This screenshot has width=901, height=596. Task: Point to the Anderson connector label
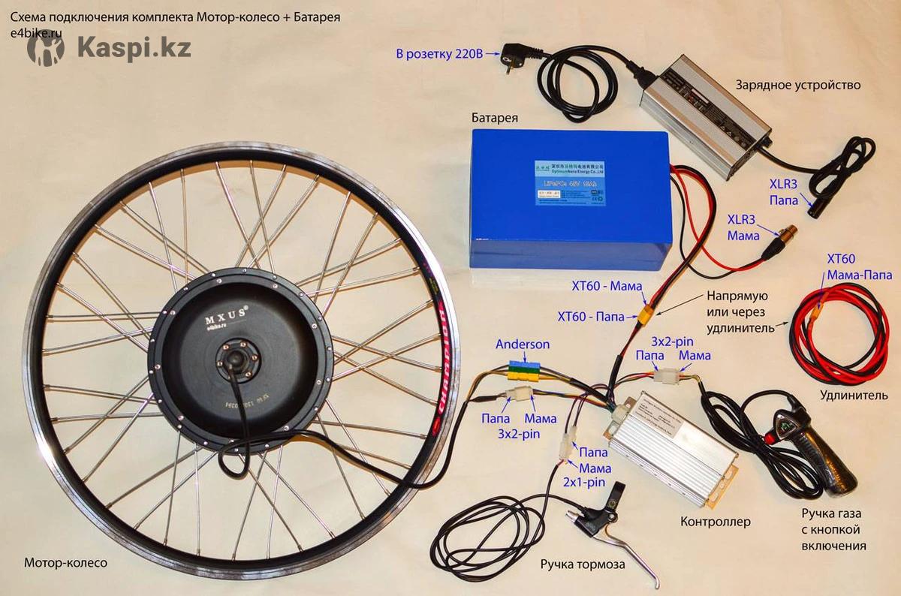(x=523, y=345)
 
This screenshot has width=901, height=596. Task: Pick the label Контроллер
(x=715, y=521)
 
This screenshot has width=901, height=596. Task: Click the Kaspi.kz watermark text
(x=134, y=48)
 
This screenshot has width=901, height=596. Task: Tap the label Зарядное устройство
(x=797, y=85)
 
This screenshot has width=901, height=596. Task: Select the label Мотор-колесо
(x=65, y=562)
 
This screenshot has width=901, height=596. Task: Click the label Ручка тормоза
(x=582, y=564)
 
